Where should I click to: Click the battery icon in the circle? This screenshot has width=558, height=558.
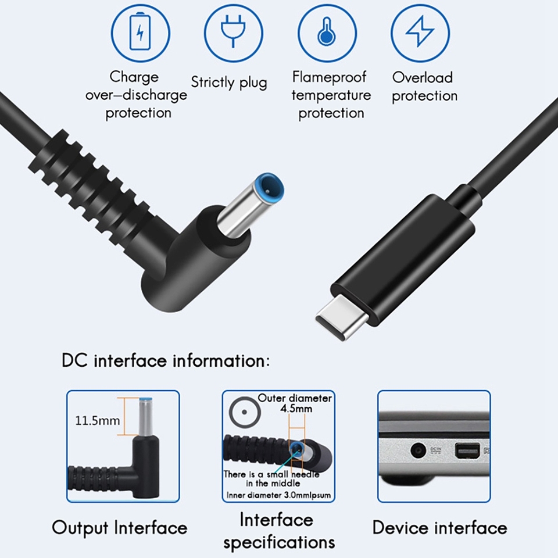tap(139, 33)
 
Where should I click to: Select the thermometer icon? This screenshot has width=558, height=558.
tap(327, 33)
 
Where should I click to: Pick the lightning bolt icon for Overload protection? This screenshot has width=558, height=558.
tap(420, 33)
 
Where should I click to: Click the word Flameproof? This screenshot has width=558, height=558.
tap(330, 77)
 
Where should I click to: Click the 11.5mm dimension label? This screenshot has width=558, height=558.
tap(98, 420)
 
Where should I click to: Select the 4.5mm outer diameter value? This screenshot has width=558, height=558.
tap(296, 409)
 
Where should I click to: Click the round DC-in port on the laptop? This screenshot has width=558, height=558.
tap(417, 450)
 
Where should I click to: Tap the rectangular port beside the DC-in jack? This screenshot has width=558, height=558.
tap(466, 450)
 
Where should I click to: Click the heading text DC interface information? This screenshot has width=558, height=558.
tap(166, 360)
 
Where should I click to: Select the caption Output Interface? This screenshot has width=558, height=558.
tap(120, 528)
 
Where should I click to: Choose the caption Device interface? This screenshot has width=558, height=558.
tap(439, 528)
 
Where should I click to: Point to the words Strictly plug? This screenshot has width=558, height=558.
tap(229, 82)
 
